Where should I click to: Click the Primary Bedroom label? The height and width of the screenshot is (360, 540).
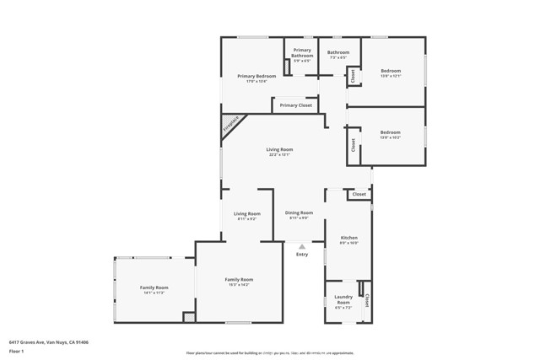pyautogui.click(x=256, y=76)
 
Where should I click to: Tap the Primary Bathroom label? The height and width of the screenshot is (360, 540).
pyautogui.click(x=302, y=53)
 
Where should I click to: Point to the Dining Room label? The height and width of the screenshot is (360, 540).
pyautogui.click(x=299, y=212)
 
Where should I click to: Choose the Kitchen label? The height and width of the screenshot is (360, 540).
pyautogui.click(x=349, y=239)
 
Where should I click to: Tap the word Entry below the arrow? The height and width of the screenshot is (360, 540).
pyautogui.click(x=302, y=254)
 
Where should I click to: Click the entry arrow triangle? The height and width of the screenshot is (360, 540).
pyautogui.click(x=302, y=245)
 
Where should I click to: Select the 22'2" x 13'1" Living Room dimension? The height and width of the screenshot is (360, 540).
pyautogui.click(x=280, y=155)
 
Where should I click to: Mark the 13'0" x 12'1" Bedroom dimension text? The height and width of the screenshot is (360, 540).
pyautogui.click(x=390, y=76)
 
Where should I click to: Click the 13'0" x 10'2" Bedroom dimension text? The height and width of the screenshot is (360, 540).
pyautogui.click(x=390, y=137)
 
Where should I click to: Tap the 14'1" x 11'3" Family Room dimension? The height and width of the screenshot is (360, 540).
pyautogui.click(x=154, y=293)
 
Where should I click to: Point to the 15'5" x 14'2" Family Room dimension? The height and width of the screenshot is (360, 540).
pyautogui.click(x=239, y=284)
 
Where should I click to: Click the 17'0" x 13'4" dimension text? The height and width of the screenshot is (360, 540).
pyautogui.click(x=256, y=81)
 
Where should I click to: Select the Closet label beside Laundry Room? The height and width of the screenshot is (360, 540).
pyautogui.click(x=367, y=301)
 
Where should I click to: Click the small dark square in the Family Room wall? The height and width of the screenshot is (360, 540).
pyautogui.click(x=189, y=317)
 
